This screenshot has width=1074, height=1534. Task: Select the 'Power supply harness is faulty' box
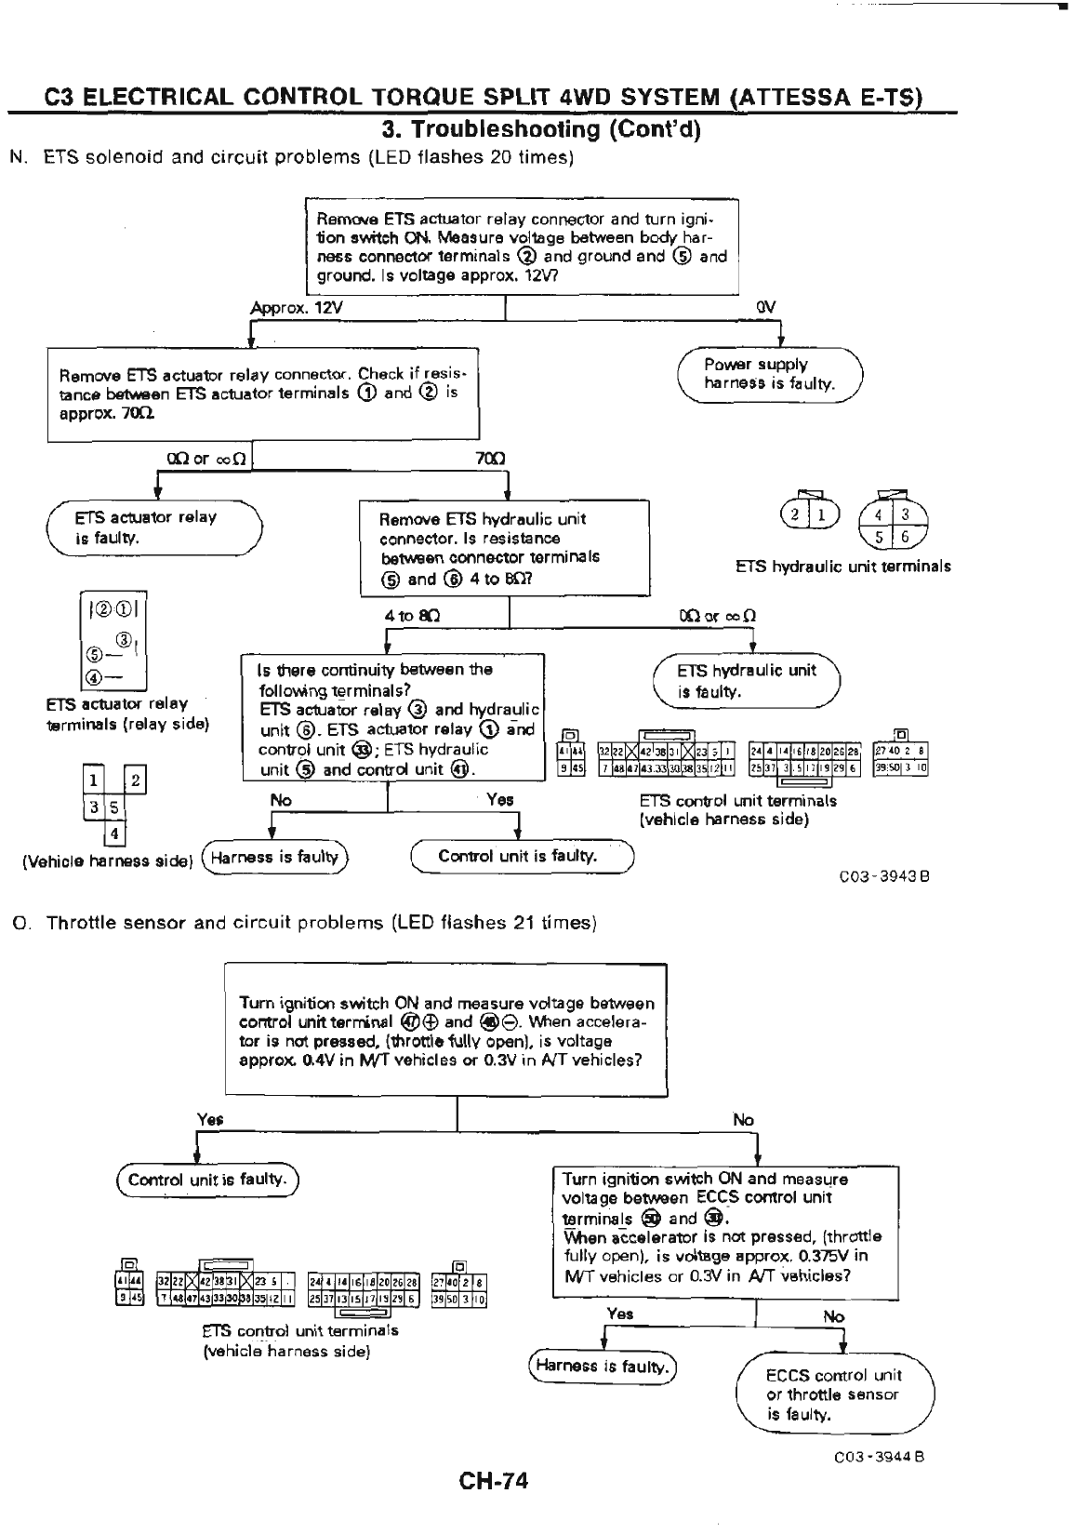coord(770,374)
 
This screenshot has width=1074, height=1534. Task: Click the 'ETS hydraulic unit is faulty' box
coord(746,681)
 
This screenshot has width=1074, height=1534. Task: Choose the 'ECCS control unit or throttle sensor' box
coord(834,1394)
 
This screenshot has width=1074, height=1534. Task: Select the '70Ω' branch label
coord(489,458)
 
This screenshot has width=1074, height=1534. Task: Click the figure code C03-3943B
coord(884,875)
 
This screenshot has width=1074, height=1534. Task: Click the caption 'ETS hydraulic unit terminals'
coord(842,567)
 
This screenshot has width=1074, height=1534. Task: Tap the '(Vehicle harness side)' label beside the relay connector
coord(107,861)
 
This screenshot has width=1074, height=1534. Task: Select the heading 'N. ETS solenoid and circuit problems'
coord(291,157)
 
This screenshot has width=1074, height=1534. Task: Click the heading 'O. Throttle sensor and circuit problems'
coord(304,923)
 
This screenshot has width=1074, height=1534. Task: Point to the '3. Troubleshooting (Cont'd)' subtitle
coord(541,128)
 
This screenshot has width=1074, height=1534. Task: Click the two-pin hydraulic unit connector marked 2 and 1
coord(810,514)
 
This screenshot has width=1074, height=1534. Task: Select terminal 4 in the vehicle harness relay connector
coord(113,834)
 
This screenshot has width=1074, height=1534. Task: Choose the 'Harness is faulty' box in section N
coord(274,857)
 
